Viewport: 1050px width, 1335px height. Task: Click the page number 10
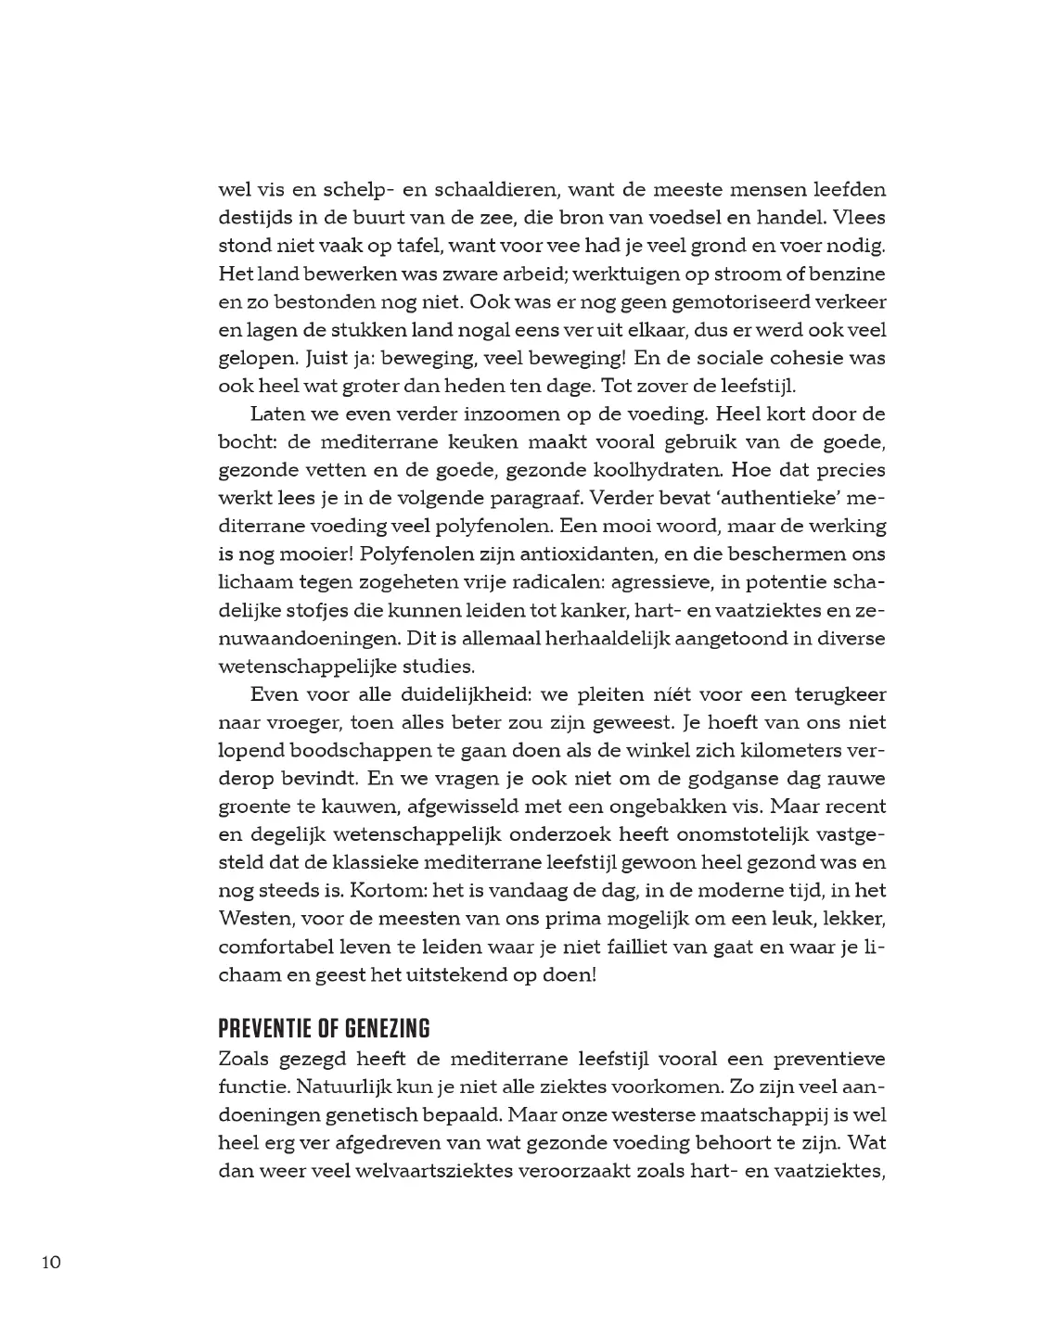pyautogui.click(x=50, y=1262)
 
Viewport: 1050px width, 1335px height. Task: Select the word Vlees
pyautogui.click(x=860, y=218)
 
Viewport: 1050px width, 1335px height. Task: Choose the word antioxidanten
pyautogui.click(x=525, y=553)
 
